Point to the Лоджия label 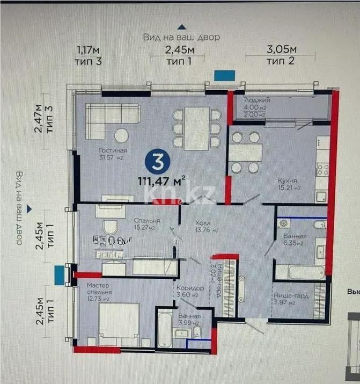(257, 100)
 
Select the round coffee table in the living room (122, 135)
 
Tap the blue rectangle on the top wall (224, 76)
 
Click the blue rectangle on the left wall (60, 274)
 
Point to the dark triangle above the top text (182, 26)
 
